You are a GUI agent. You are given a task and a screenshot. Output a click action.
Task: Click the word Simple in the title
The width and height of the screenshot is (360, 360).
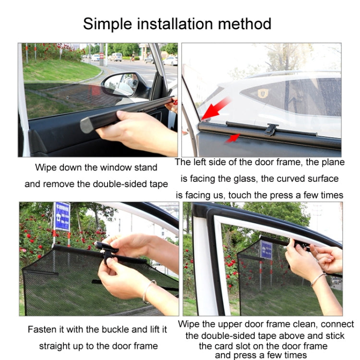coord(108,24)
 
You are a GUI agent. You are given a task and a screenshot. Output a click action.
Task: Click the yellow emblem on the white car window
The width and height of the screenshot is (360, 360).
coord(263,93)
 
